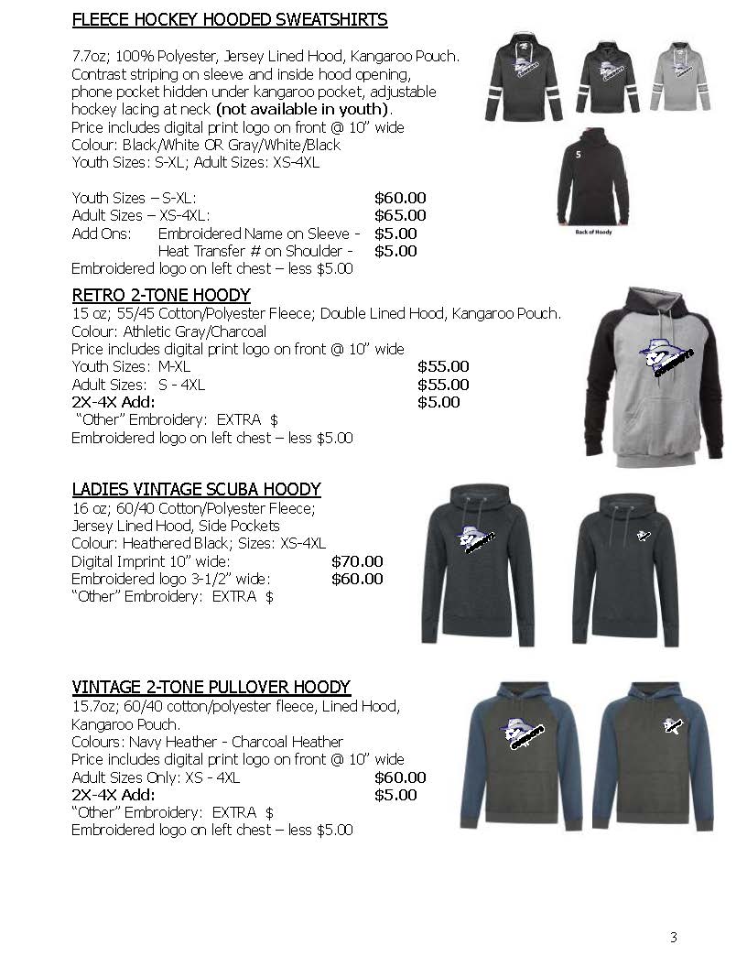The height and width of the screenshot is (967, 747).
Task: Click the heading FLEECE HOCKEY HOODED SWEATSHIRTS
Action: [x=229, y=19]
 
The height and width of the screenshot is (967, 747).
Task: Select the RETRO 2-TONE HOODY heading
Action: [x=161, y=295]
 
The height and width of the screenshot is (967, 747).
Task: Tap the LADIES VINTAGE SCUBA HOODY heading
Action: [x=196, y=489]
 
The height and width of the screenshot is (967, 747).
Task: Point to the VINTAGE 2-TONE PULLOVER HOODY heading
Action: [x=211, y=687]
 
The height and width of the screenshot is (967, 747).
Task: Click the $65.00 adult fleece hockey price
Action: [x=400, y=215]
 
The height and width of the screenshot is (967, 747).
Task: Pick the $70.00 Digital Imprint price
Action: [x=357, y=561]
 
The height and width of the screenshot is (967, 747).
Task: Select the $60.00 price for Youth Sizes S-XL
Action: [x=400, y=198]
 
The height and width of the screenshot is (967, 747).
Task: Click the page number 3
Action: [x=673, y=937]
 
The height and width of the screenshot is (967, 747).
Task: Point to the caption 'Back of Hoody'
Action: [x=593, y=232]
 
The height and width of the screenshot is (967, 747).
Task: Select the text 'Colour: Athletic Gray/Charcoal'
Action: [x=169, y=331]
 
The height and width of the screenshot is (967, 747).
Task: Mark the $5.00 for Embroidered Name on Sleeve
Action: [x=395, y=234]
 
